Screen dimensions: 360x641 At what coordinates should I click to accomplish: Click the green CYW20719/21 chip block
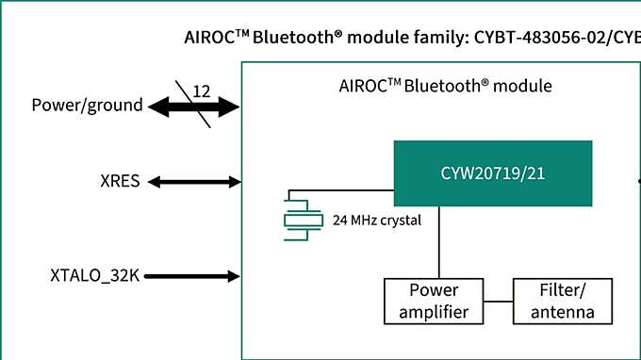492,173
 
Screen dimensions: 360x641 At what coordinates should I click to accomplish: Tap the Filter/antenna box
555,301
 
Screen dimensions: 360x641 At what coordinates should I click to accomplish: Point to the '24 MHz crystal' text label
376,221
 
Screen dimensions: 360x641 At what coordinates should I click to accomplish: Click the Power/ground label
87,106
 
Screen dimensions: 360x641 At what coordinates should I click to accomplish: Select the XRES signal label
122,181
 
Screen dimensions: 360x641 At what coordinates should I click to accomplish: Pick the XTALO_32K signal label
94,276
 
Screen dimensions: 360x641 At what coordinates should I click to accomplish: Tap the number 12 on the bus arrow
202,91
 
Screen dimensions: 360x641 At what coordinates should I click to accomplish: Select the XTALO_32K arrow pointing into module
193,276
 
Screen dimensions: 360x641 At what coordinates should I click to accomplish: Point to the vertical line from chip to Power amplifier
438,242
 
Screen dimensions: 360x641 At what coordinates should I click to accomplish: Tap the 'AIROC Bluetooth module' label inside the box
445,86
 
